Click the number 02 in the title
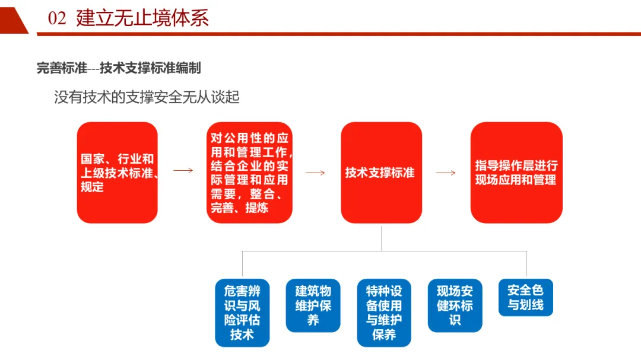click(57, 18)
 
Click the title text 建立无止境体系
click(142, 18)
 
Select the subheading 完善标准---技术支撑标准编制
click(119, 68)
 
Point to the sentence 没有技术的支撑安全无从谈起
click(147, 97)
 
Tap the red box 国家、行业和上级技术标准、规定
click(117, 173)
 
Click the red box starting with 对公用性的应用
click(249, 173)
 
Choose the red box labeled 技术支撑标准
click(381, 173)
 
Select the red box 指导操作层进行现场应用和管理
click(516, 173)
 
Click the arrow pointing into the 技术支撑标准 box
click(315, 173)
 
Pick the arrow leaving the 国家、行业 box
click(183, 170)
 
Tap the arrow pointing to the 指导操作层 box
click(446, 173)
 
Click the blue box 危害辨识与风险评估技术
click(242, 313)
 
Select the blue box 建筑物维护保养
click(313, 305)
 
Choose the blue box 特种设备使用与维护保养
click(384, 313)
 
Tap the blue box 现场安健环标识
click(455, 305)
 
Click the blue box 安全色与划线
click(525, 298)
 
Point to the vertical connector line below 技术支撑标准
click(381, 237)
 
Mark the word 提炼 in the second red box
click(257, 208)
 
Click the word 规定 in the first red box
click(93, 187)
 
